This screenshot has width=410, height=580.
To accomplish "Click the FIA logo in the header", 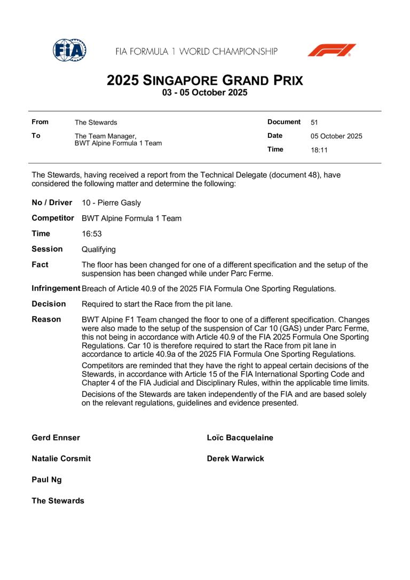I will click(69, 51).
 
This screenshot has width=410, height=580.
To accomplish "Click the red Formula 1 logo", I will click(332, 51).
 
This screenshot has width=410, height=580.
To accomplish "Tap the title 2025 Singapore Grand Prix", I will click(205, 81).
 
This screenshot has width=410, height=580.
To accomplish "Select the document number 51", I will click(314, 122).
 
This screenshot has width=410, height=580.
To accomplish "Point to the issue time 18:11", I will click(319, 150).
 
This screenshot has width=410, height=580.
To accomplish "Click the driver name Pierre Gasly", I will click(112, 203).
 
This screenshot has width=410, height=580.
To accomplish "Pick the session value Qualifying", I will click(99, 249).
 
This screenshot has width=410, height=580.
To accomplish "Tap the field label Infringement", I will click(56, 288).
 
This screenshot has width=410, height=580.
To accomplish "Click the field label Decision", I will click(49, 304).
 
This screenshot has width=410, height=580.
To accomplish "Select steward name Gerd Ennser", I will click(56, 437).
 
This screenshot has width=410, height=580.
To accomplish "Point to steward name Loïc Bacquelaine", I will click(240, 437).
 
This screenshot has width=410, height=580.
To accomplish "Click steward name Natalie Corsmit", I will click(61, 458).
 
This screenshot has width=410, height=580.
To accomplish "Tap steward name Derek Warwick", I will click(235, 458).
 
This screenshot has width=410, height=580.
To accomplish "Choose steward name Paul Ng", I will click(46, 480).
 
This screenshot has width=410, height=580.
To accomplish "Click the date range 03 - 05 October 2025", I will click(205, 93).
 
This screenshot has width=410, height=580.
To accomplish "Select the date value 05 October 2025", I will click(336, 136).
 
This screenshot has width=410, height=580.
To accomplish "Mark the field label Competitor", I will click(53, 218).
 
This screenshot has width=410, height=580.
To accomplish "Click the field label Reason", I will click(46, 319).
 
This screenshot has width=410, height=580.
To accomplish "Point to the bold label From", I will click(41, 122).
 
